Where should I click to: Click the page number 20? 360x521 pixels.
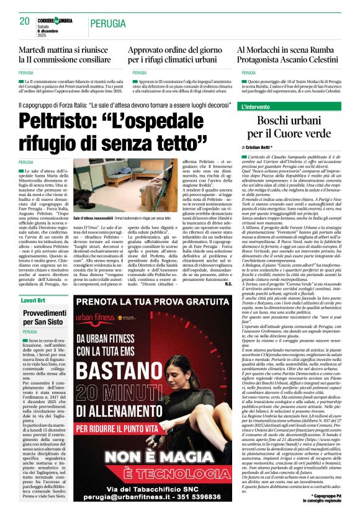[24, 21]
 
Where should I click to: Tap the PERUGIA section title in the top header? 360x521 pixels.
[109, 24]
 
